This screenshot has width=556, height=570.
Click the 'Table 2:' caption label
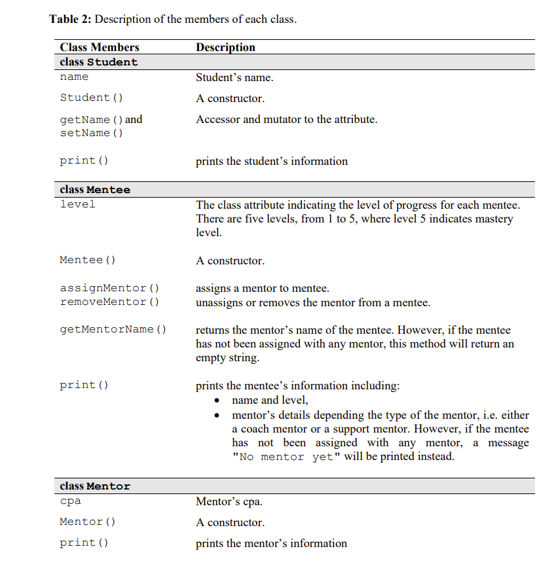pos(71,19)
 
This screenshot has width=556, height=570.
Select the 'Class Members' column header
pos(100,47)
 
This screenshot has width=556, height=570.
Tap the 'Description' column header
pos(225,47)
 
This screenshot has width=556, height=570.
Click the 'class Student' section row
pos(99,62)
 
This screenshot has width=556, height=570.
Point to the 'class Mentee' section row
pos(95,190)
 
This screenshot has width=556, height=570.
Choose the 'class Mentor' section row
pos(95,486)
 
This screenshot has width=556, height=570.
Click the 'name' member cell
pos(74,77)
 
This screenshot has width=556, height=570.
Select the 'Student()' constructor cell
pos(91,98)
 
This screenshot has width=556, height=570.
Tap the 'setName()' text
pos(91,133)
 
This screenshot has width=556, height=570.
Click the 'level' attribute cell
pos(77,204)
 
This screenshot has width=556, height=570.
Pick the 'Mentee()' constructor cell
pos(87,260)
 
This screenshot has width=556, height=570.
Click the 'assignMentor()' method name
pos(109,288)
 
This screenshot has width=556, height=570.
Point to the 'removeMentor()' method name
pos(109,302)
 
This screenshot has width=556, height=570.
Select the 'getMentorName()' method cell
pos(113,329)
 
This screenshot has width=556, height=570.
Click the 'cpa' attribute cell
pos(70,502)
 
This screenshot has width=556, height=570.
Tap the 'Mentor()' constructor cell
pos(87,522)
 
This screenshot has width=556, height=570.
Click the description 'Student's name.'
pos(234,77)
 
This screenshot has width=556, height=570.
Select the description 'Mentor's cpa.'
pos(229,502)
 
